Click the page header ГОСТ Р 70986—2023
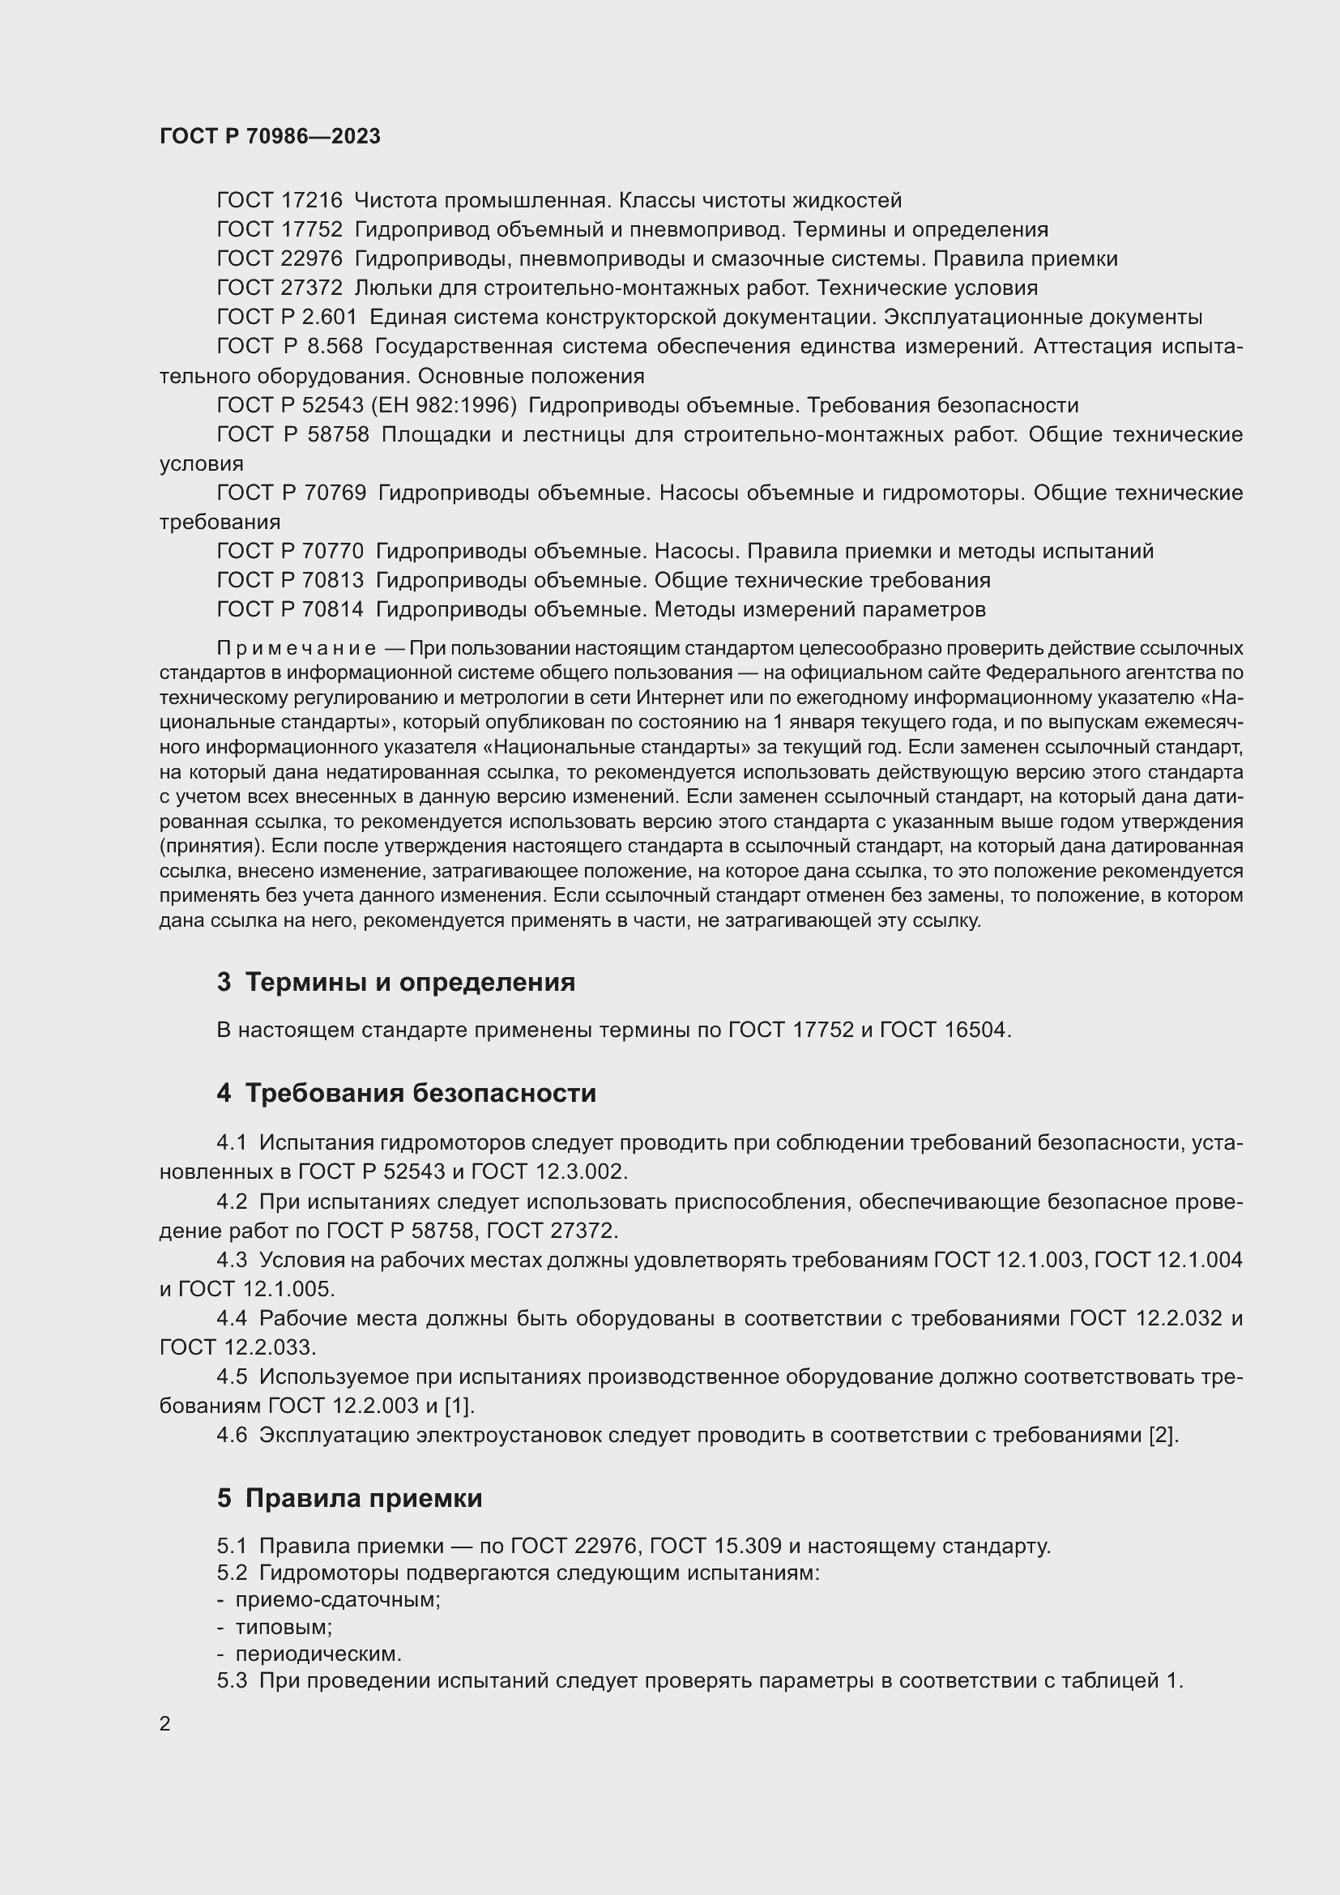(x=270, y=136)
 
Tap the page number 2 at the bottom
(x=165, y=1723)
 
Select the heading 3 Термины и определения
(x=396, y=982)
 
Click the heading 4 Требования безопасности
(x=406, y=1093)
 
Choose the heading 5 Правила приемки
(x=349, y=1498)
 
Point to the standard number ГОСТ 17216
(x=279, y=201)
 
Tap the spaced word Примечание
(x=297, y=649)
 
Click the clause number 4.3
(x=232, y=1261)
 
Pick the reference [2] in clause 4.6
(x=1163, y=1436)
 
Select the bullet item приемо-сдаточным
(x=338, y=1599)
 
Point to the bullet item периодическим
(x=318, y=1655)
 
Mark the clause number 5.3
(x=232, y=1681)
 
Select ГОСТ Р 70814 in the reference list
(x=289, y=610)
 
